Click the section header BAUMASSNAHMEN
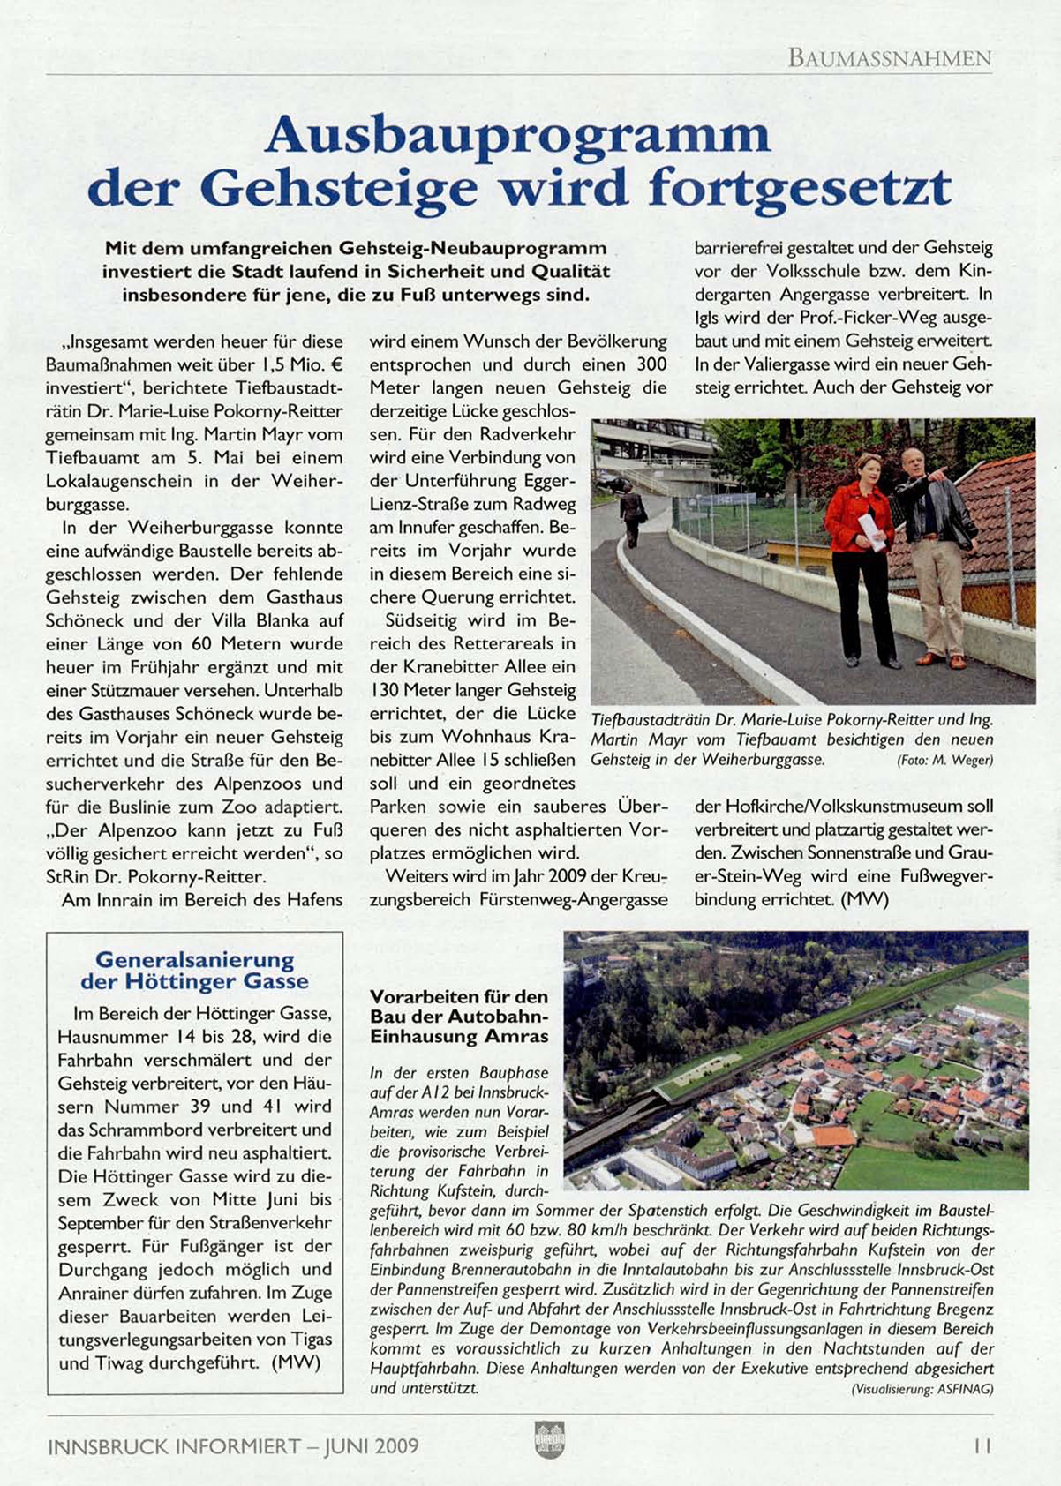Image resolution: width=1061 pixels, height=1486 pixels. [x=889, y=59]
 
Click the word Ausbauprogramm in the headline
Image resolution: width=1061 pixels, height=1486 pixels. [x=517, y=135]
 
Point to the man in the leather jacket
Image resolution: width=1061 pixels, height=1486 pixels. [x=931, y=556]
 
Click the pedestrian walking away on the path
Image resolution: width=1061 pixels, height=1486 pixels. [x=631, y=513]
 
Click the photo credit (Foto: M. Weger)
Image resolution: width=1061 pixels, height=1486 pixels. [x=944, y=760]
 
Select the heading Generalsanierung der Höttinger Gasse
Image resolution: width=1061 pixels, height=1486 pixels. [x=195, y=971]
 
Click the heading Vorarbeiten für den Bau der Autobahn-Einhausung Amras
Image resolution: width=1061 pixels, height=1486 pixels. [x=459, y=1016]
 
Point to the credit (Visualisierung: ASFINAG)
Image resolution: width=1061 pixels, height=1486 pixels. [x=922, y=1389]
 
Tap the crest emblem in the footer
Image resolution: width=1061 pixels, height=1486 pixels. [x=548, y=1440]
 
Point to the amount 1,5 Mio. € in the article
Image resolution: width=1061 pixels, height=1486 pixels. [x=300, y=364]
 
